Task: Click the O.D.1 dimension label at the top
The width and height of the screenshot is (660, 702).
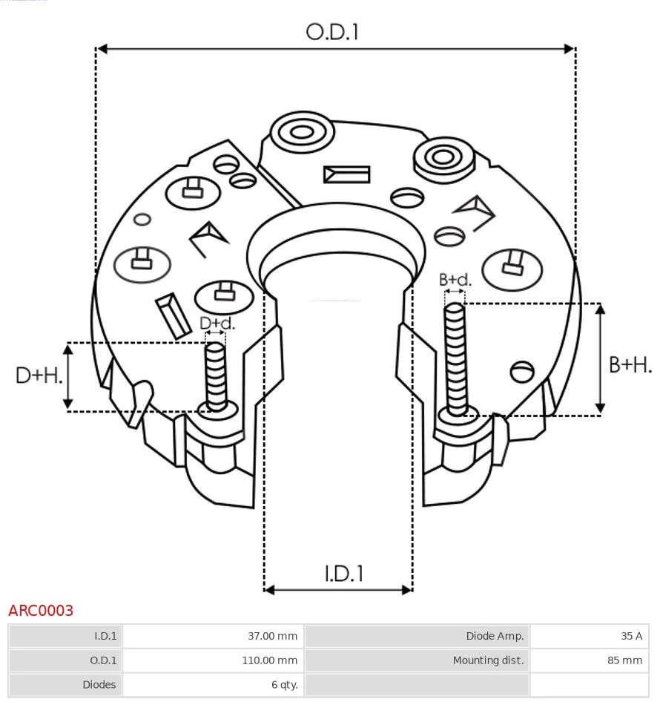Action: (x=332, y=32)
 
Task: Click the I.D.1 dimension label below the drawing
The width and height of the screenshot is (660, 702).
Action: (x=343, y=574)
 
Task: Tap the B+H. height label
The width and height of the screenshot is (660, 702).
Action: (x=630, y=365)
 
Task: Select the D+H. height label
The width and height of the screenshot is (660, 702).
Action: (x=39, y=375)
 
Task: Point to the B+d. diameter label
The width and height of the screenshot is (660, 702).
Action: (x=455, y=280)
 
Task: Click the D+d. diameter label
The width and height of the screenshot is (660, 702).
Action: (x=217, y=323)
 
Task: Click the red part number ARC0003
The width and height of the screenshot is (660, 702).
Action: (x=41, y=610)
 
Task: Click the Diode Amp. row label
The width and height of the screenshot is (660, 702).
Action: (x=495, y=636)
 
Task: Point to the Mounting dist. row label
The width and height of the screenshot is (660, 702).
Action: (x=488, y=660)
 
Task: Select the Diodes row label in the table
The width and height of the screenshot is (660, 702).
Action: (x=99, y=684)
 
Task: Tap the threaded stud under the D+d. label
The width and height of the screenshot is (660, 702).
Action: (x=216, y=377)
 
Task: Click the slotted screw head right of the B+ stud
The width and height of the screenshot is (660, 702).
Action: (x=522, y=372)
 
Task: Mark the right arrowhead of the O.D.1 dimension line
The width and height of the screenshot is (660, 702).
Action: (x=570, y=48)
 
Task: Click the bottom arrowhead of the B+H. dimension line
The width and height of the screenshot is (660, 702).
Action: (x=601, y=408)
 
